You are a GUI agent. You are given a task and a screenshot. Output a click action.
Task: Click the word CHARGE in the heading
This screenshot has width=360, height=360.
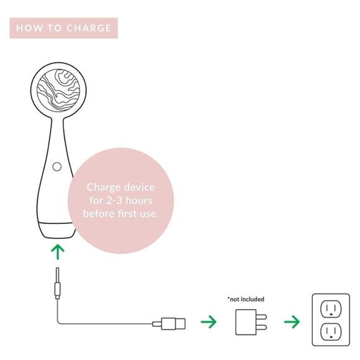(89, 28)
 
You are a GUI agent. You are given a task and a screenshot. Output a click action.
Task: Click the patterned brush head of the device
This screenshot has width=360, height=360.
(58, 90)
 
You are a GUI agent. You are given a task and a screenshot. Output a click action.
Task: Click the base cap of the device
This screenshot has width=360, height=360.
(56, 230)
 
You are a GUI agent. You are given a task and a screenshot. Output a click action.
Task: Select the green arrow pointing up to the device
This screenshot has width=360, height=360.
(58, 252)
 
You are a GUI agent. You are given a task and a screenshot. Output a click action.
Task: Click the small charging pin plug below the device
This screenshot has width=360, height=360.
(57, 283)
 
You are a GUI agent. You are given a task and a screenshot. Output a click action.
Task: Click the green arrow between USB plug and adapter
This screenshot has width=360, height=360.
(209, 322)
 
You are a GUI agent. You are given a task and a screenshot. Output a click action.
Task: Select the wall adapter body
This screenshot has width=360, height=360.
(246, 322)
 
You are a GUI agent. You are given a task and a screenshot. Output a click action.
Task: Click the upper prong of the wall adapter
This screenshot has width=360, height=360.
(261, 317)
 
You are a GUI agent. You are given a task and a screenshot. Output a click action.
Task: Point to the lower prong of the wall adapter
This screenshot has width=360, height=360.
(261, 327)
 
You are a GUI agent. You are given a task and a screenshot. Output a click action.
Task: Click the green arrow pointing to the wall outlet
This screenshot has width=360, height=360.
(292, 322)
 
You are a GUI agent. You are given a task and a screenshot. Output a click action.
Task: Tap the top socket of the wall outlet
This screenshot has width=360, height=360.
(331, 309)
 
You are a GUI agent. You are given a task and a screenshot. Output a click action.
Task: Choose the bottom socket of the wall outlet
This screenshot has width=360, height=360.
(331, 331)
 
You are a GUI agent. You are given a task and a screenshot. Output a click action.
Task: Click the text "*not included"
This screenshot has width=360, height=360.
(246, 299)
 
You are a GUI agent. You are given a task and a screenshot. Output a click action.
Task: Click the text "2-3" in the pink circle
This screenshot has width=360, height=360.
(114, 200)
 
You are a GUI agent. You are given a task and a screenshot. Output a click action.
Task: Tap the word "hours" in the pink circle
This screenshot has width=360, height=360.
(139, 200)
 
